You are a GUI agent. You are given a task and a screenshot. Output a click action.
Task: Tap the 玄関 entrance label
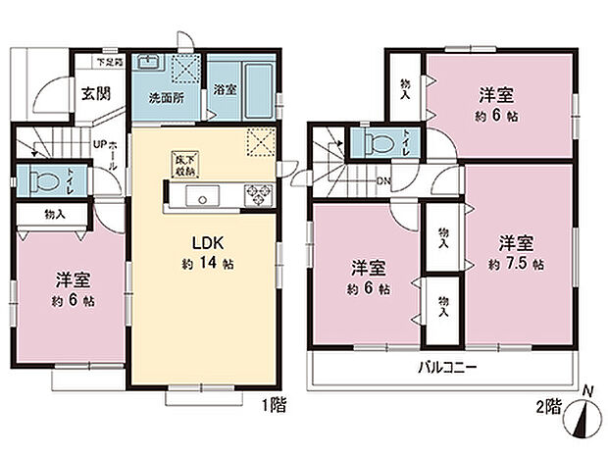[95, 94]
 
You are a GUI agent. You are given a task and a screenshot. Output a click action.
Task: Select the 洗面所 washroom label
[165, 98]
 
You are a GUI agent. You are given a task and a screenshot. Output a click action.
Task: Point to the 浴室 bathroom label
[226, 89]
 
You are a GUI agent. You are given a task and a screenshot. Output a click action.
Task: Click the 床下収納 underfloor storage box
[183, 162]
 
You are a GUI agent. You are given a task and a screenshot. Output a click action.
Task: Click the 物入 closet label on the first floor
[54, 214]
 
